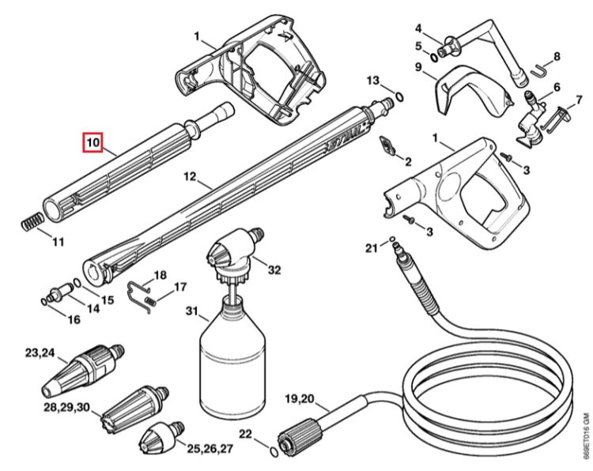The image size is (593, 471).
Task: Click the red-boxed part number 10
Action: (x=93, y=142)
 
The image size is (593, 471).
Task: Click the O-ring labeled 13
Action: (x=399, y=96)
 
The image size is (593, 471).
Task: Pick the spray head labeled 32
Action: (x=235, y=256)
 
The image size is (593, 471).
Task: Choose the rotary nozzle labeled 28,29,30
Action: (x=134, y=406)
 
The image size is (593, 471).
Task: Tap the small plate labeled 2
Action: (x=387, y=146)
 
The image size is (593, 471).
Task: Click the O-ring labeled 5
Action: (x=433, y=57)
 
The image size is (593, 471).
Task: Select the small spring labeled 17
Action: (x=150, y=301)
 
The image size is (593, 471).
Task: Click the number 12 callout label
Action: (x=191, y=176)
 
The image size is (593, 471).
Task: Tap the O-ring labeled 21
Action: (x=392, y=239)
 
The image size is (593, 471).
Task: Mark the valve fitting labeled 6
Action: (x=531, y=119)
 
